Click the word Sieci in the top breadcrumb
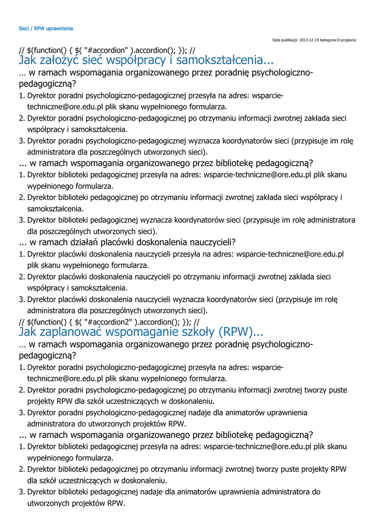tap(24, 28)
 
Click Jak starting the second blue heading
tap(28, 331)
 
